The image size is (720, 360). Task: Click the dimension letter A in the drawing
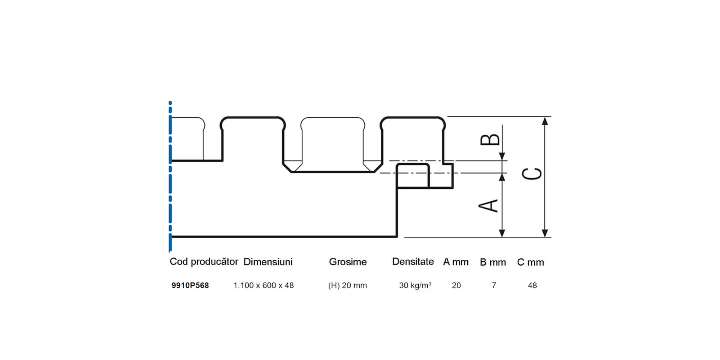coord(488,206)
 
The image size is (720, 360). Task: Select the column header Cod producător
coord(204,262)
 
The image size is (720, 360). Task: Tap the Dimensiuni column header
coord(268,262)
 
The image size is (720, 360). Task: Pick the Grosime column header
coord(348,262)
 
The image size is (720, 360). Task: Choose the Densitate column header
coord(413,262)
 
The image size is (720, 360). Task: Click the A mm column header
coord(456,262)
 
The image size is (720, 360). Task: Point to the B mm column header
coord(493,262)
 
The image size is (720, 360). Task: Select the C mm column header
coord(531,262)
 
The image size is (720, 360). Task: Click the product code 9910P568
coord(190,285)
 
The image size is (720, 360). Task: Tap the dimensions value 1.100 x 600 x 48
coord(264,285)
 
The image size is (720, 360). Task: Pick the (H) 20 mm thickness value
coord(347,285)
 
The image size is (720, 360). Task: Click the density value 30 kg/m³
coord(415,285)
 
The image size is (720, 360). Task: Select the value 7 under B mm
coord(494,285)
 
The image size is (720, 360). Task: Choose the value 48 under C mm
coord(532,285)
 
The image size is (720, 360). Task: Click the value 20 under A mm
coord(456,285)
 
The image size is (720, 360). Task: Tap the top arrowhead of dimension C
coord(545,121)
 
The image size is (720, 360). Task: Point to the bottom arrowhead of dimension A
coord(502,233)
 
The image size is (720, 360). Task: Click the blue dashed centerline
coord(170,176)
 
